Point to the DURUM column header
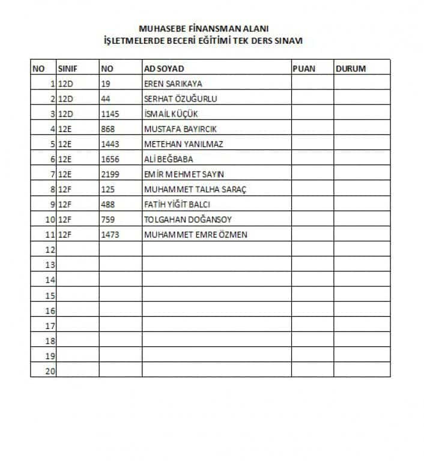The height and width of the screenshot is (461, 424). point(350,68)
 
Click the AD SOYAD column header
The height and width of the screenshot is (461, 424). point(164,68)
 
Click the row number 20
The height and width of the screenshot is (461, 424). point(50,372)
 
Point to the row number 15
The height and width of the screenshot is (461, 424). point(50,295)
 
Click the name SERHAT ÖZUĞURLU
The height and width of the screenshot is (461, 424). point(180,98)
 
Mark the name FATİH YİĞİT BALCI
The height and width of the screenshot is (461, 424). point(177,204)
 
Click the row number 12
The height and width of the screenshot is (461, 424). point(50,250)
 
